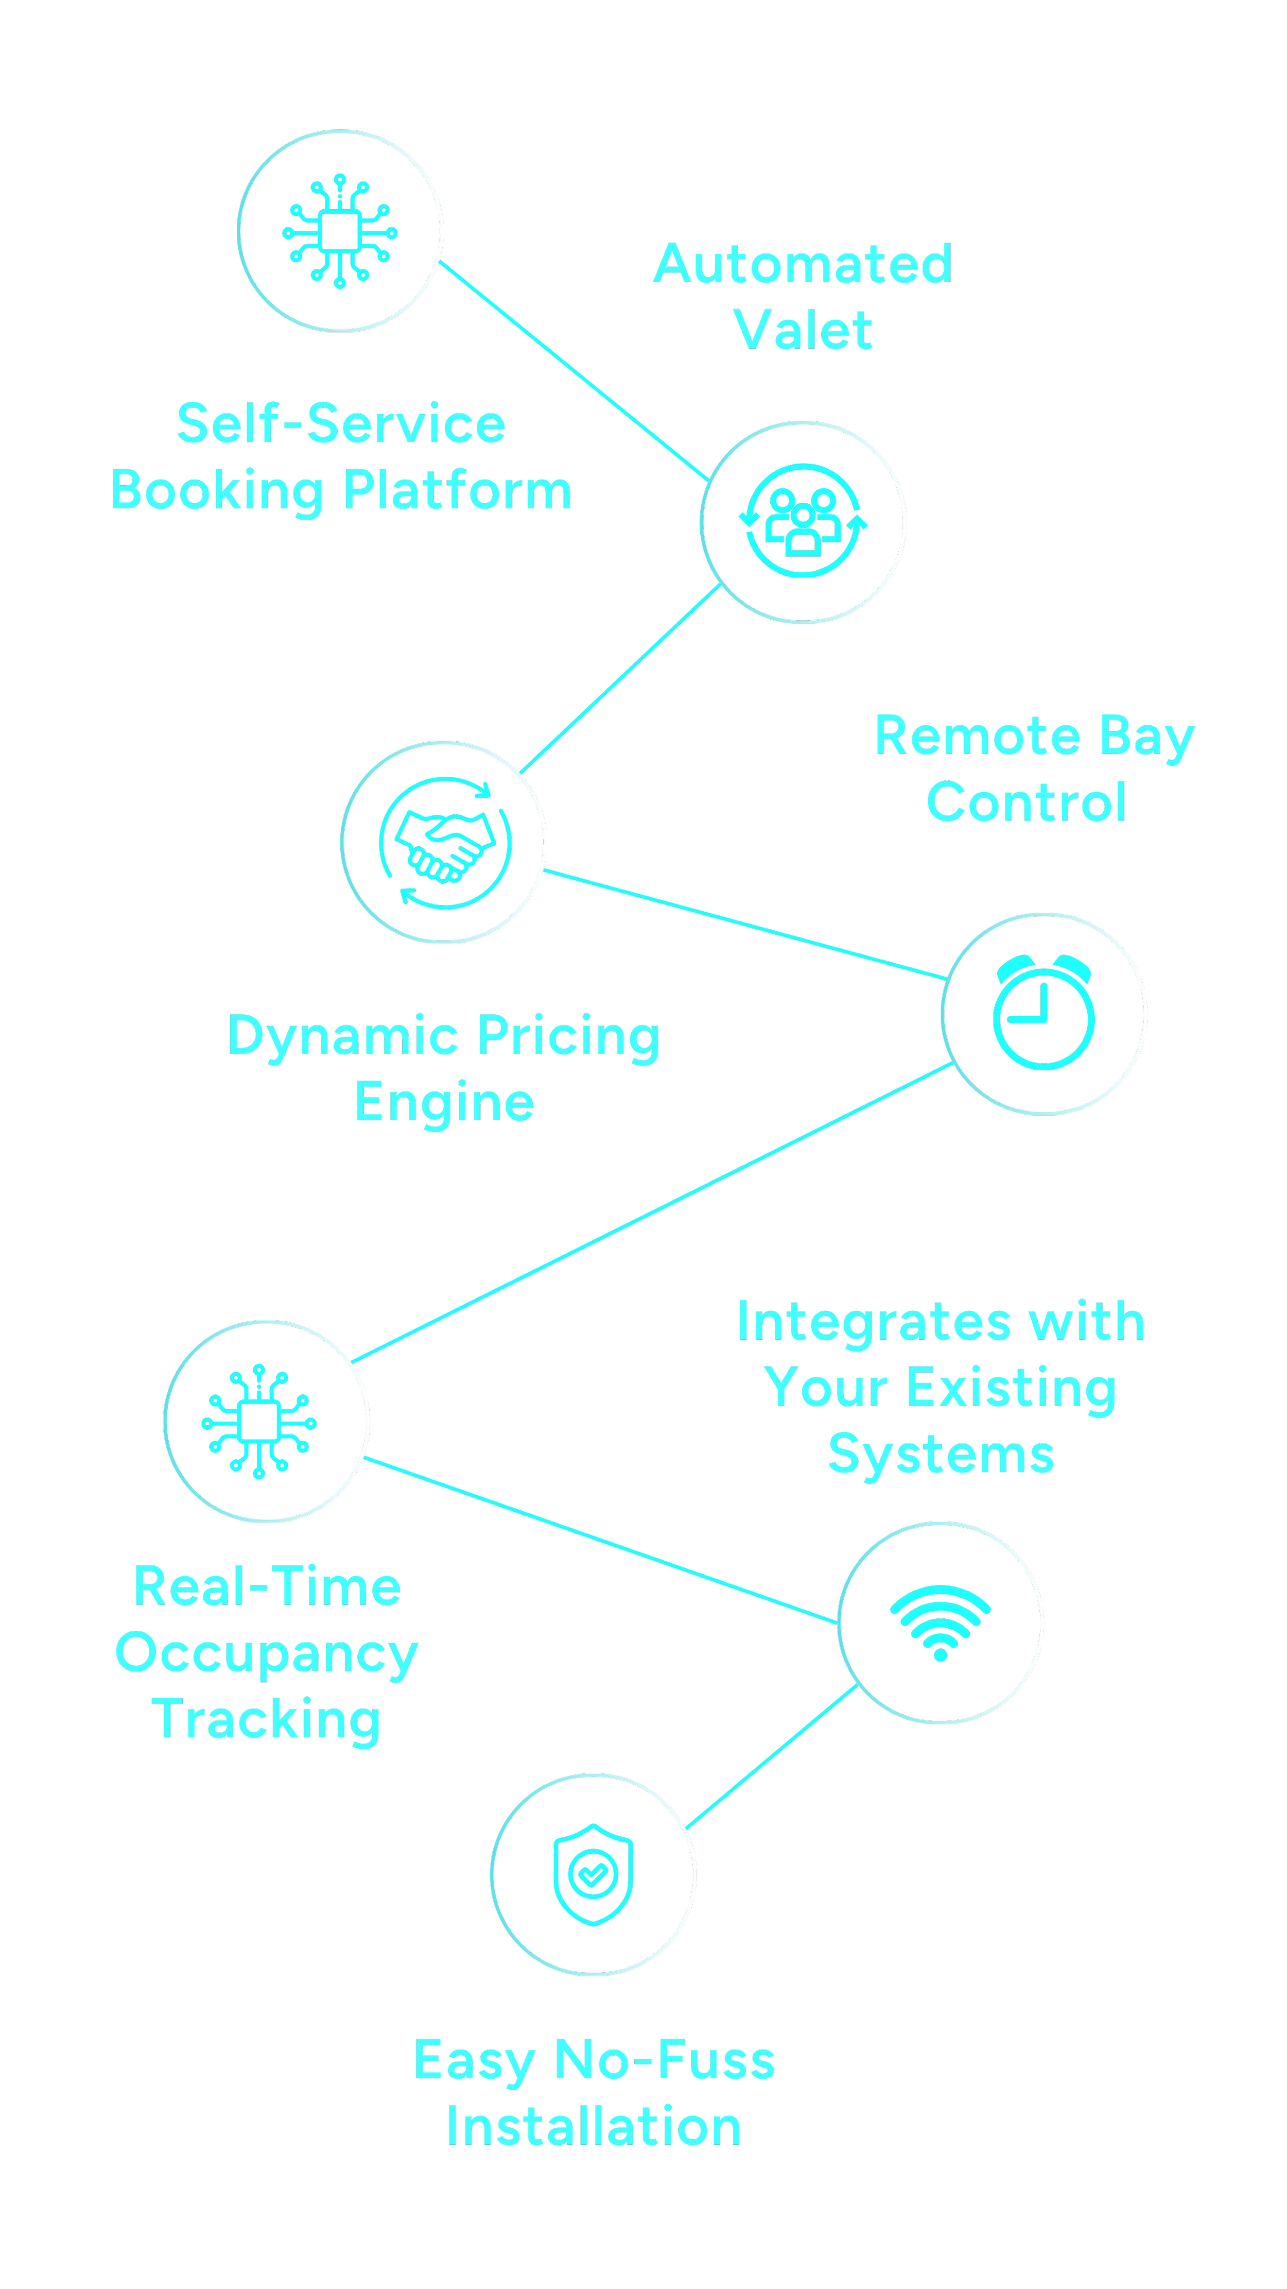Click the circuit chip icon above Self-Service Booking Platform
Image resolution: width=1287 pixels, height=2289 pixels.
point(340,231)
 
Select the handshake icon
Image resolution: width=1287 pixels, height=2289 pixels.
point(444,842)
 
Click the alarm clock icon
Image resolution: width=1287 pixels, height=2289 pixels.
point(1043,1013)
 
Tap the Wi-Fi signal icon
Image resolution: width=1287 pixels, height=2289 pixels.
point(941,1622)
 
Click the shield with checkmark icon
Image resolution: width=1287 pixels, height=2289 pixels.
point(594,1874)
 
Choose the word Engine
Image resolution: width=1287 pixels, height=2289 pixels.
point(444,1103)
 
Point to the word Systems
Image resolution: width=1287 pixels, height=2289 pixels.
point(941,1455)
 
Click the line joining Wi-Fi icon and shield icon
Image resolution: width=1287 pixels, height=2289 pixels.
point(771,1756)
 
